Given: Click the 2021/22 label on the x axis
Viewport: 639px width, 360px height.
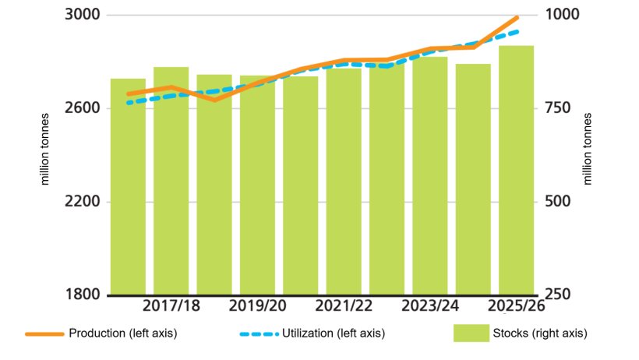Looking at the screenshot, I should (x=344, y=306).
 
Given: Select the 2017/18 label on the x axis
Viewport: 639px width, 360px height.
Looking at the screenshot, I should (x=171, y=306).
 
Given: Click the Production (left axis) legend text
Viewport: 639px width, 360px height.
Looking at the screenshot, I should (x=123, y=334).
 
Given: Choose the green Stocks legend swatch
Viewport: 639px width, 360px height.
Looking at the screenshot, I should (x=470, y=334).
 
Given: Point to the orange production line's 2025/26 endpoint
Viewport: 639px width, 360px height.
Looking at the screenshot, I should (x=517, y=17).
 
